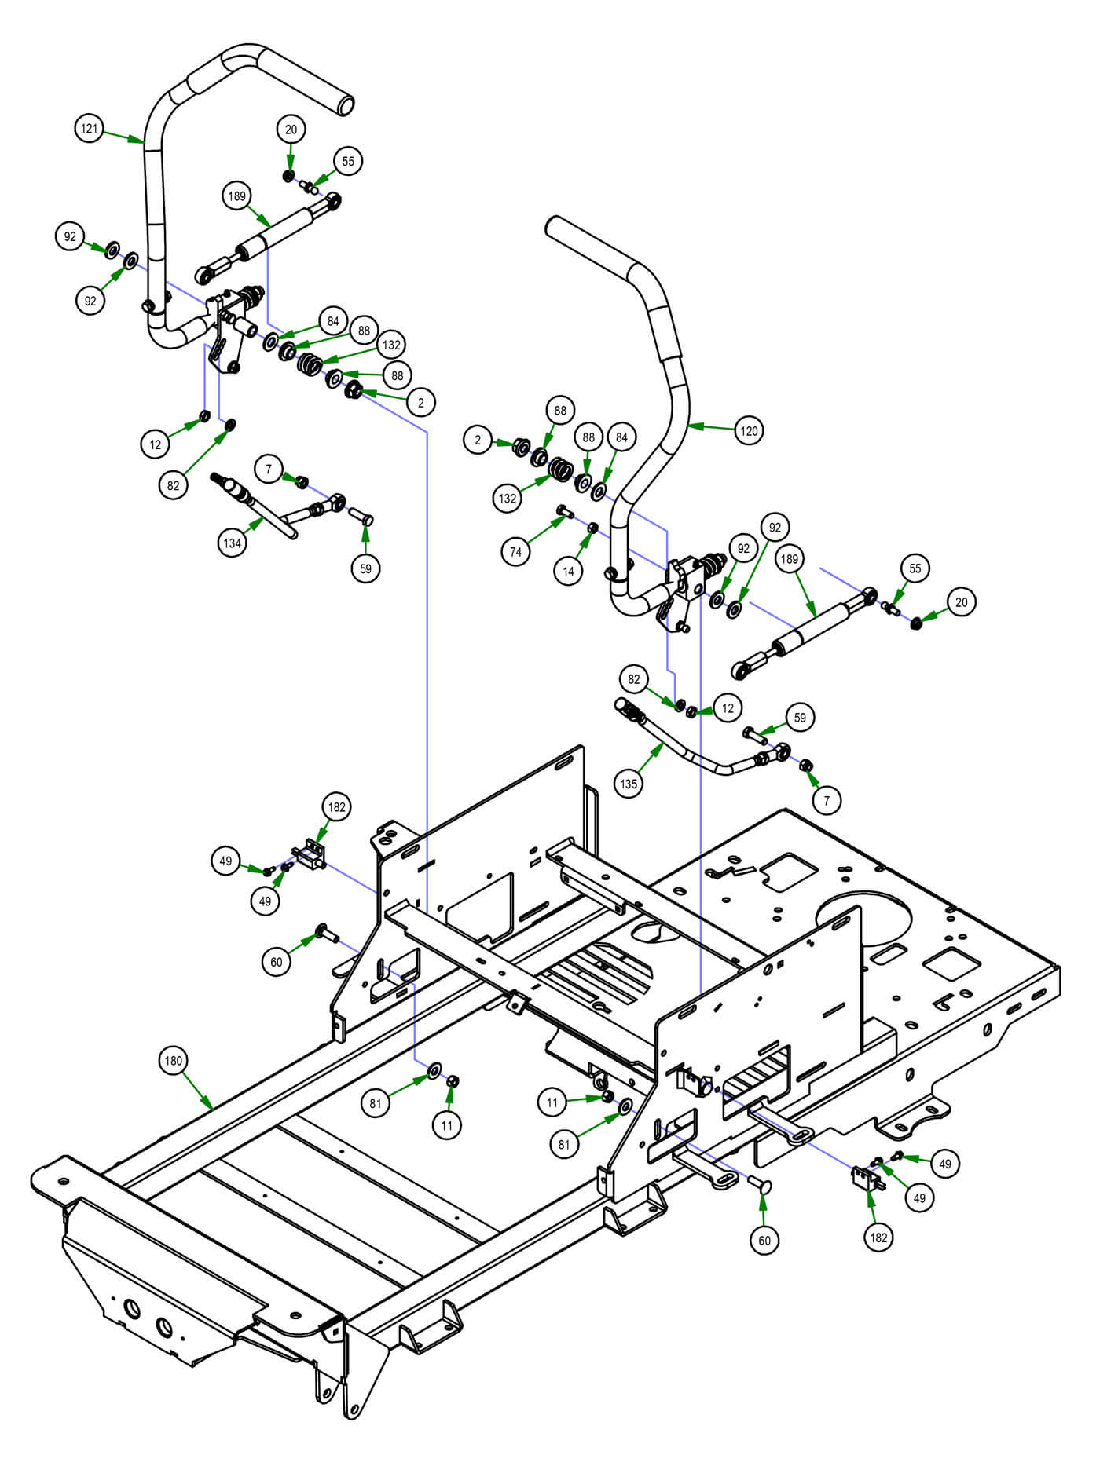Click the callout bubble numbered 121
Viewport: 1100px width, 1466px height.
pyautogui.click(x=90, y=128)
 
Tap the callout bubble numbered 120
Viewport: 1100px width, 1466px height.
pyautogui.click(x=749, y=430)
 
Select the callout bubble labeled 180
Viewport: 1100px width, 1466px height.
pyautogui.click(x=173, y=1061)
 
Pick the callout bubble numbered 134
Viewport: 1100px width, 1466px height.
pyautogui.click(x=233, y=543)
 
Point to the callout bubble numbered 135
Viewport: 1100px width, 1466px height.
pyautogui.click(x=629, y=783)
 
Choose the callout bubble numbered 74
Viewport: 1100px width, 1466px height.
pyautogui.click(x=515, y=552)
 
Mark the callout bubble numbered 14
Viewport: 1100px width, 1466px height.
pyautogui.click(x=568, y=572)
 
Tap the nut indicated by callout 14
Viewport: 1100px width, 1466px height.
pyautogui.click(x=594, y=526)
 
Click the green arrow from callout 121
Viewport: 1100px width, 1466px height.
pyautogui.click(x=123, y=136)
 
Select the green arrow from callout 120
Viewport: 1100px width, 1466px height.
pyautogui.click(x=710, y=428)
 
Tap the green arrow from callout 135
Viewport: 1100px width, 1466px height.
pyautogui.click(x=651, y=759)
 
